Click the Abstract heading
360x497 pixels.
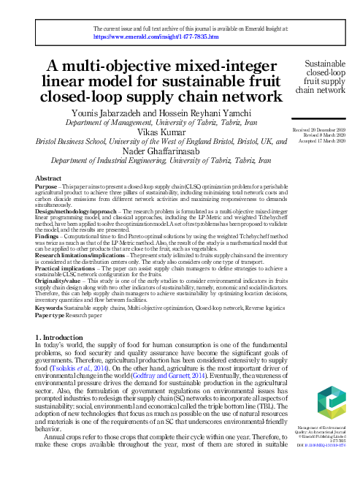48,178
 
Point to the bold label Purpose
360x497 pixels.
47,186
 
